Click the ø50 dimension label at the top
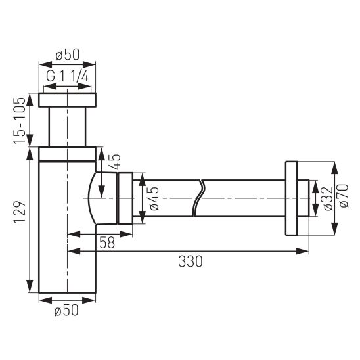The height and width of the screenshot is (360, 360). pos(68,55)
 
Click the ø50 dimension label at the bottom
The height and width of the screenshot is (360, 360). pos(66,310)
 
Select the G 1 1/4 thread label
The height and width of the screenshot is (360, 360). pos(67,76)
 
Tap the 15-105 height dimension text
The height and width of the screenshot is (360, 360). pos(19,120)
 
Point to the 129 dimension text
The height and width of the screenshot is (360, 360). pos(19,212)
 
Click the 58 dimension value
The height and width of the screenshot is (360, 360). pos(107,242)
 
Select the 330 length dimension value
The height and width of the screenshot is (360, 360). pos(191,261)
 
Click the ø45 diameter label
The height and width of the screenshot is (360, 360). pos(154,198)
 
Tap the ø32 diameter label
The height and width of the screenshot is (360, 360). pos(328,198)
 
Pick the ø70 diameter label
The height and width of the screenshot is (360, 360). pos(344,196)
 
